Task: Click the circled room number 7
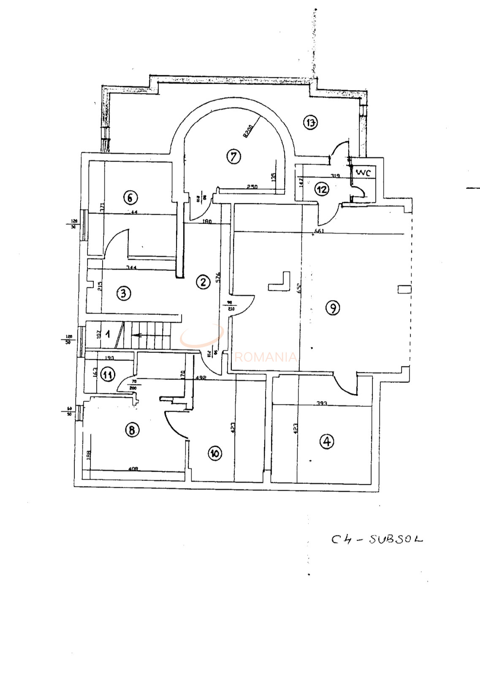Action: pos(233,156)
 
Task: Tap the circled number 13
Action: pos(310,123)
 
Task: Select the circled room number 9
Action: pos(333,308)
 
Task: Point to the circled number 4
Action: pos(327,442)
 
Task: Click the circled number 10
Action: pos(215,453)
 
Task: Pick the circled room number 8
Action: pos(132,430)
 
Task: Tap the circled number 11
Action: pos(108,374)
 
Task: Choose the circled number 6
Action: pos(130,197)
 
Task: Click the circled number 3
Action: pos(123,293)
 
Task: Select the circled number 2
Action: pos(203,282)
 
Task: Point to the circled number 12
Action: pos(322,189)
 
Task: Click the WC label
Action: pos(363,172)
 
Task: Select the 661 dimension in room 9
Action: pos(320,231)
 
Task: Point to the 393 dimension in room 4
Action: pos(322,404)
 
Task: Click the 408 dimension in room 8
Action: pos(133,468)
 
